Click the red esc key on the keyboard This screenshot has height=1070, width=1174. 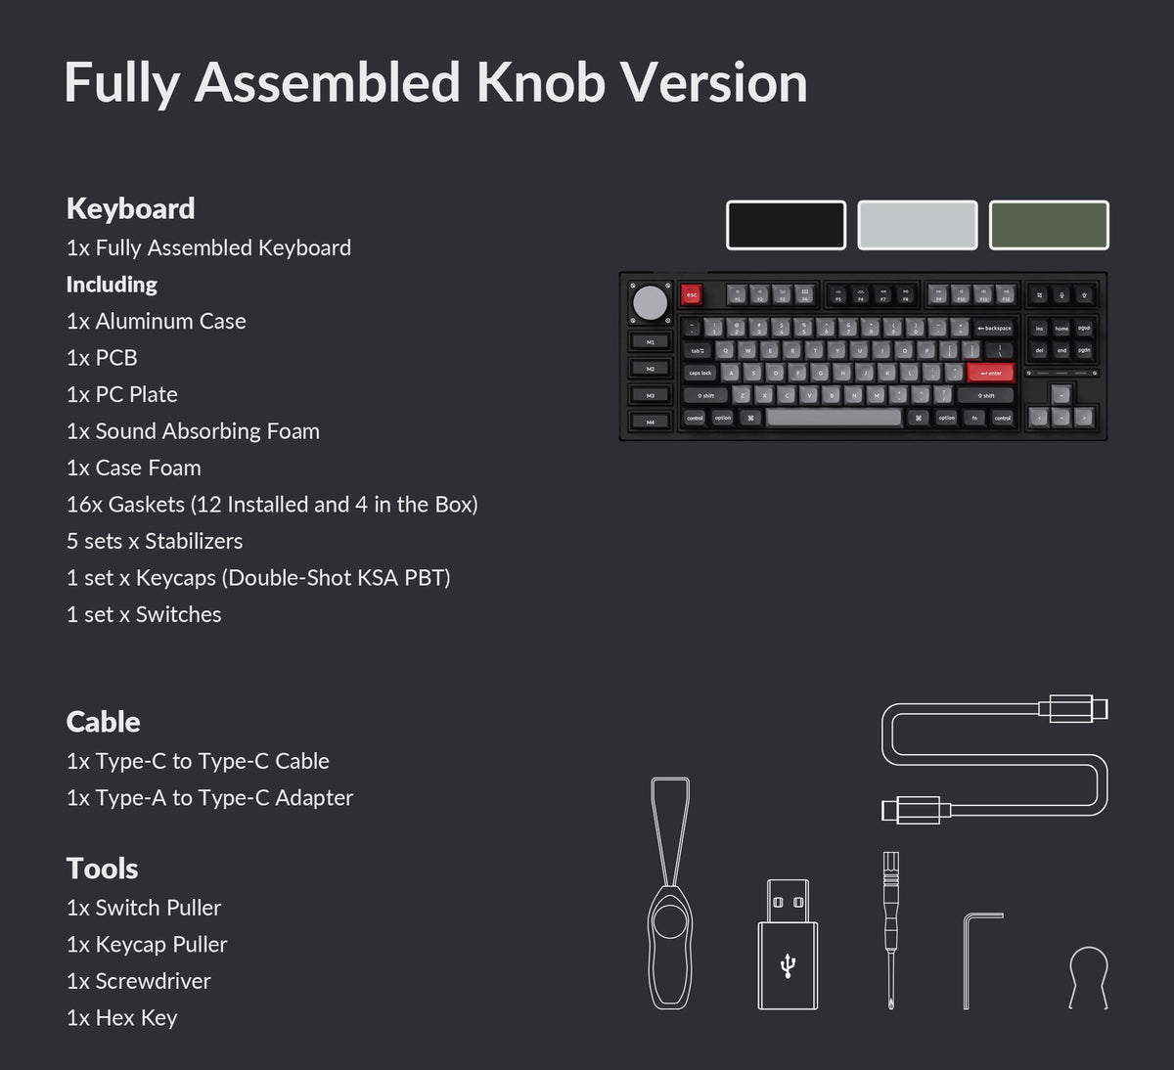coord(692,294)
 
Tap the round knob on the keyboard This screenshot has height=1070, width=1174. coord(650,303)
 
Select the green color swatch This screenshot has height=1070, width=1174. coord(1049,225)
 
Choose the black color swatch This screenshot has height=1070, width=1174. coord(786,225)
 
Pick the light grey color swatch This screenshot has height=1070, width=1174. coord(918,225)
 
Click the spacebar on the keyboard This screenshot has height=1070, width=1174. coord(834,418)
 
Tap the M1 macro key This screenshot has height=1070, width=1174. coord(650,342)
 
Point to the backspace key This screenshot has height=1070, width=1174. coord(995,329)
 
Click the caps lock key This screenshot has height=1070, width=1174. coord(700,373)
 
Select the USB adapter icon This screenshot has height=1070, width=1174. coord(788,944)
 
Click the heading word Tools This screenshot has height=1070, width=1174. coord(102,869)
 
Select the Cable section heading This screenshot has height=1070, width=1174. coord(103,722)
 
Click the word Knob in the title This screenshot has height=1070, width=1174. coord(541,82)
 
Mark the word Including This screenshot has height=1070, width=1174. coord(112,285)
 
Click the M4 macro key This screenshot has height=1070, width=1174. coord(650,422)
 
